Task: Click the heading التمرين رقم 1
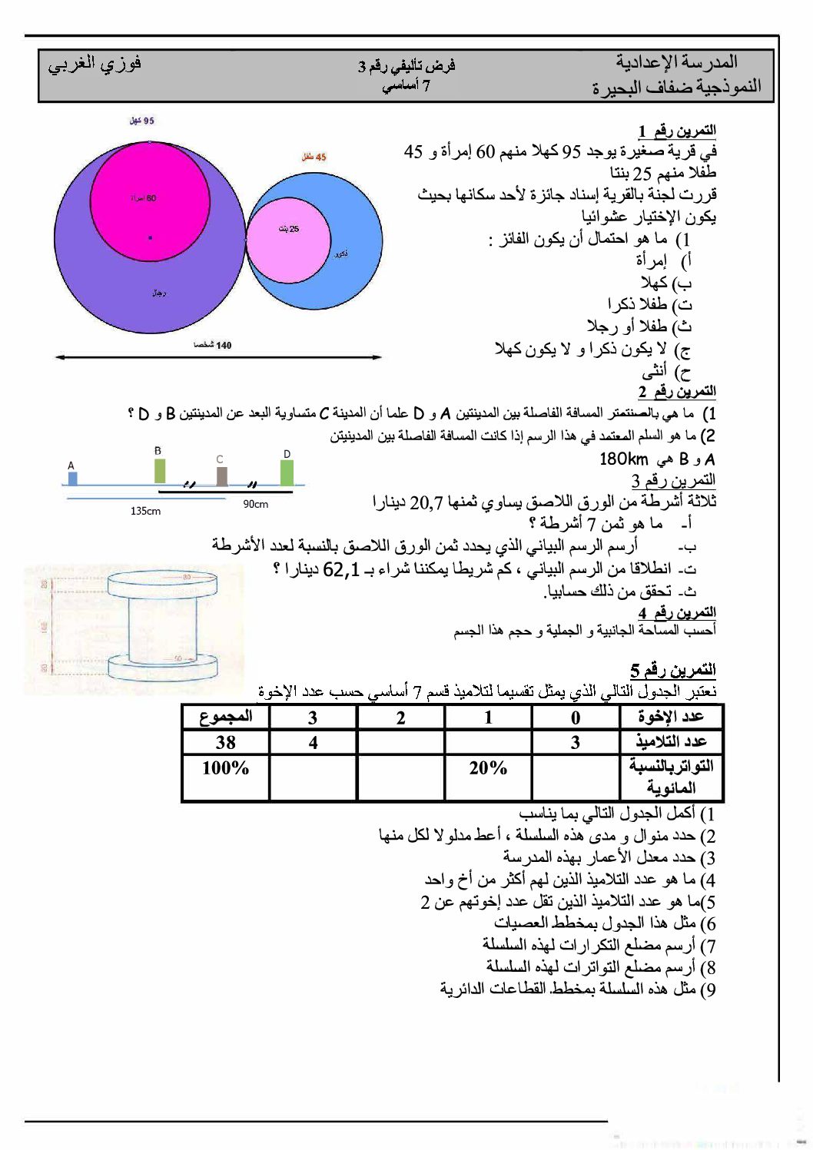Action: tap(676, 131)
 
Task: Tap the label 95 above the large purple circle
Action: tap(142, 121)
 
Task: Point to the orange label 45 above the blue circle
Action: tap(314, 157)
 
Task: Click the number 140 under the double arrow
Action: tap(214, 345)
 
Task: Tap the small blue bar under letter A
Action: tap(72, 479)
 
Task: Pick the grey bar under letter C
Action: tap(221, 476)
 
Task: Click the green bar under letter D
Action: tap(287, 472)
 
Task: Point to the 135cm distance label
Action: tap(145, 511)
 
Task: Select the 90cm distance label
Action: tap(255, 504)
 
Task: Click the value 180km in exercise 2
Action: tap(623, 459)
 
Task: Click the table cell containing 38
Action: tap(225, 742)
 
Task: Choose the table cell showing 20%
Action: tap(488, 767)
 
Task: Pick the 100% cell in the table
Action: tap(225, 767)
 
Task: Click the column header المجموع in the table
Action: tap(225, 717)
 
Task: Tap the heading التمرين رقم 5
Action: tap(673, 669)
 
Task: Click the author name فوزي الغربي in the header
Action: tap(94, 65)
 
